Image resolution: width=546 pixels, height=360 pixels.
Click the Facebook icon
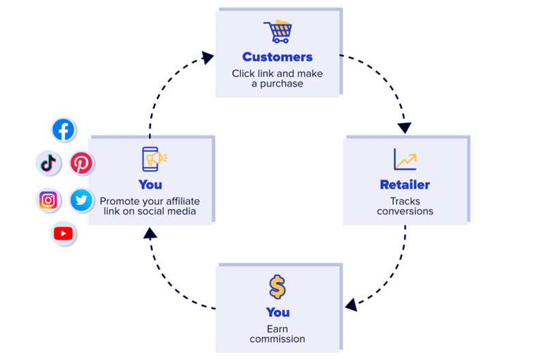[63, 130]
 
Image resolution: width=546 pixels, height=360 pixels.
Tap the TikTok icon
[48, 163]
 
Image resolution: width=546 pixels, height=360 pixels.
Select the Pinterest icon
[81, 163]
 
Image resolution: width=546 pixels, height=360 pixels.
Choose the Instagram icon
[48, 200]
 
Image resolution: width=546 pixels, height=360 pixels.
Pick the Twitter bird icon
[81, 200]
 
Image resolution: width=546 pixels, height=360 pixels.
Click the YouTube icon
[63, 234]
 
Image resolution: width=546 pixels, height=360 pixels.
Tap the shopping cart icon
[278, 31]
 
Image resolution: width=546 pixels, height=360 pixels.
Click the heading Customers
[278, 57]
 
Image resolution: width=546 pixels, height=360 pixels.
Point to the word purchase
[281, 83]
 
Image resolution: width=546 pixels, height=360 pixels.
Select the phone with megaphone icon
[154, 159]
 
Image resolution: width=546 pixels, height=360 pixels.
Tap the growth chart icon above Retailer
[405, 159]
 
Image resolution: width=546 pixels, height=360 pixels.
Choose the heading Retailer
[405, 184]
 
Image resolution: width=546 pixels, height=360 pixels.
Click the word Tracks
[405, 201]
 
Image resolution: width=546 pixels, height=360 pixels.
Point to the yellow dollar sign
[278, 287]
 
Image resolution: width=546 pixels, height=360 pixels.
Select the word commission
[278, 339]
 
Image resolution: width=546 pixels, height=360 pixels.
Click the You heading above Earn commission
[278, 313]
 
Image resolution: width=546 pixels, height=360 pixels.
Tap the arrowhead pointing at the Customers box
[207, 57]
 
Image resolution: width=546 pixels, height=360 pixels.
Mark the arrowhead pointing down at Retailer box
[405, 128]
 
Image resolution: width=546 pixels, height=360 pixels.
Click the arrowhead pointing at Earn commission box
[351, 305]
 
